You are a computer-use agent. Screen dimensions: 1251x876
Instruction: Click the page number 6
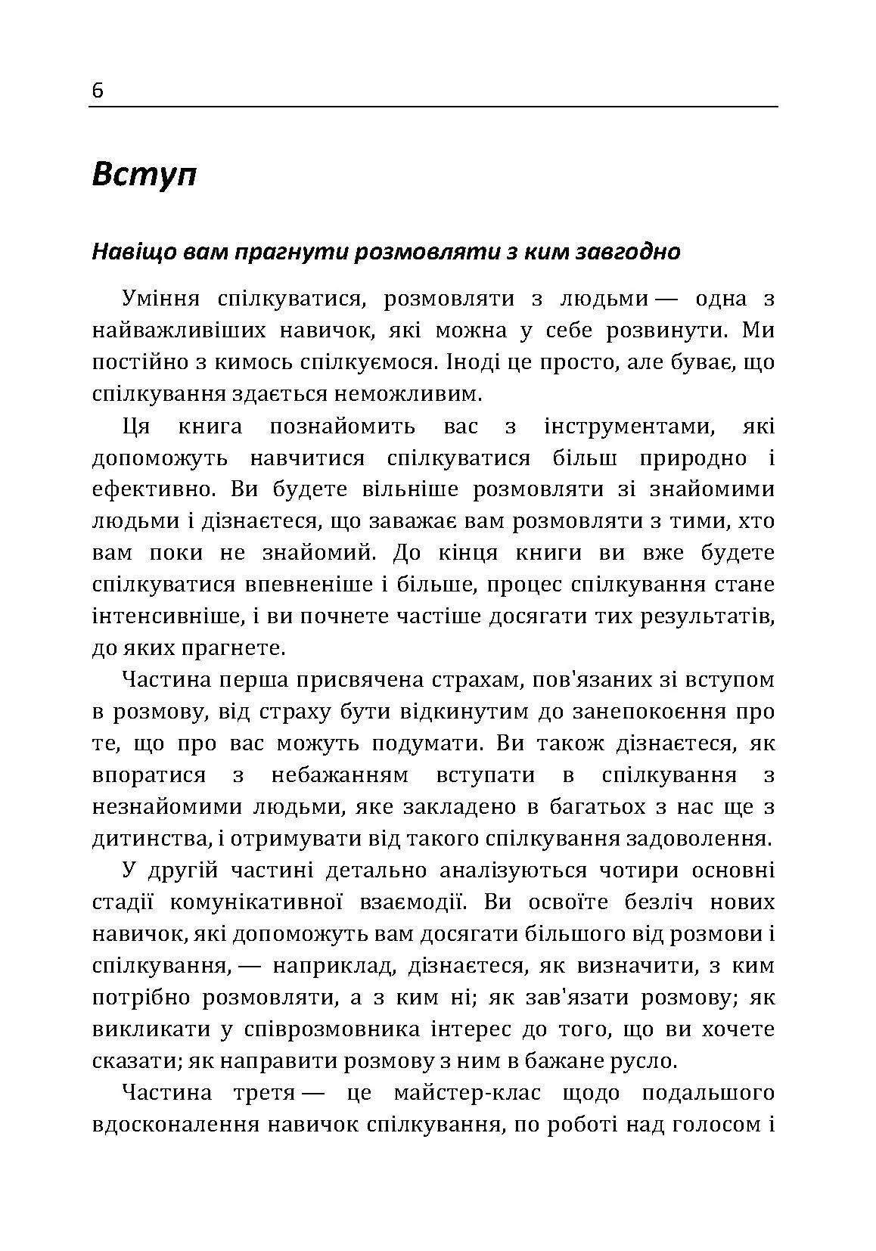tap(98, 91)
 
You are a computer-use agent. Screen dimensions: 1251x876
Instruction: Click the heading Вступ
tap(144, 175)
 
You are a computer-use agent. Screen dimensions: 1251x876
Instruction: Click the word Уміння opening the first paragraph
tap(160, 299)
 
